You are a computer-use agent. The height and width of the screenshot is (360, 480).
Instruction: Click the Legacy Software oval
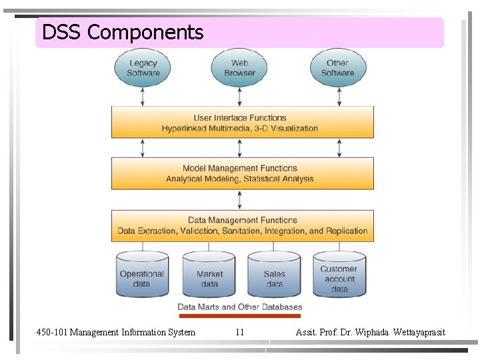point(143,68)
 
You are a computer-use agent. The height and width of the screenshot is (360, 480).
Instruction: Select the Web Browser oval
point(240,68)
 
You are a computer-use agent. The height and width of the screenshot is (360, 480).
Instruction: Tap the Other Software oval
point(337,68)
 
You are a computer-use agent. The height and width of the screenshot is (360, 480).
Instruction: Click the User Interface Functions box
point(242,123)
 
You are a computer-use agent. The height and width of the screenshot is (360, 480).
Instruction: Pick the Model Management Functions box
point(242,173)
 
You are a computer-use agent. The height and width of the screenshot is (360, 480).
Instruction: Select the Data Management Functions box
point(242,225)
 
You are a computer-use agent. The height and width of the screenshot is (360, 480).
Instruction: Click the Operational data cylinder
point(141,275)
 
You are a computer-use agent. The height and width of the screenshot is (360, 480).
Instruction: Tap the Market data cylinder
point(209,275)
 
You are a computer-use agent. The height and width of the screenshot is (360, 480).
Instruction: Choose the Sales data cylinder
point(274,275)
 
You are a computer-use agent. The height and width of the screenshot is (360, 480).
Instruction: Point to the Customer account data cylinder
point(339,275)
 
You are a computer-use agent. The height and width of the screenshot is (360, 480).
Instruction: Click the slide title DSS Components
point(123,32)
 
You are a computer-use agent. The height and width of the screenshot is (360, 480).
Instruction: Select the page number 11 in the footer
point(240,332)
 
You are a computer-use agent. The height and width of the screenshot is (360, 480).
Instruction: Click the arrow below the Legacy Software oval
point(143,97)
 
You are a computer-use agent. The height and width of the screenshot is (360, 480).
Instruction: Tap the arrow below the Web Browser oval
point(240,97)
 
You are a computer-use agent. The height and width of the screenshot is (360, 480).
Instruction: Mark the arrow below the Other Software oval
point(339,97)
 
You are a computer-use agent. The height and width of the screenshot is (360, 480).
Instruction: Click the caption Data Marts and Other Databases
point(239,307)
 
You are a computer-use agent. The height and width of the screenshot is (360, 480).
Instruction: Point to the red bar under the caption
point(239,315)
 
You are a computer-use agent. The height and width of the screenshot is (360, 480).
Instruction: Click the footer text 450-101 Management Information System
point(116,332)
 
